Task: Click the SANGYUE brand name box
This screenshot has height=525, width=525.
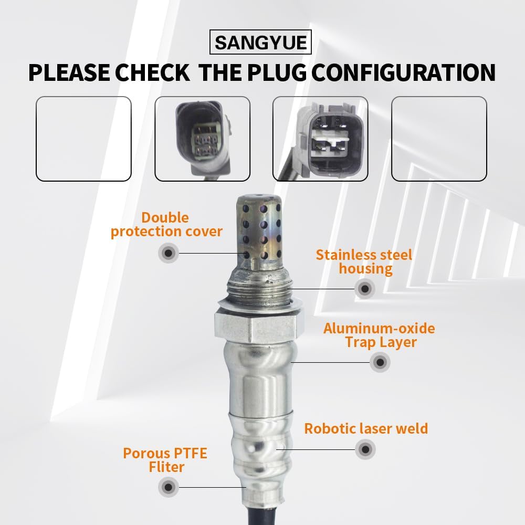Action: (260, 43)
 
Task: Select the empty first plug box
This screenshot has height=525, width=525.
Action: (83, 139)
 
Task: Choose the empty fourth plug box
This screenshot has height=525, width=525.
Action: (439, 139)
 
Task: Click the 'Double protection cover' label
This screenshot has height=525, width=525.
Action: (166, 225)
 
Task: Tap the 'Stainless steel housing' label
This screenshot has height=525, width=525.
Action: (364, 262)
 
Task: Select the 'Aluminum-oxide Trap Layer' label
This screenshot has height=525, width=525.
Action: (379, 335)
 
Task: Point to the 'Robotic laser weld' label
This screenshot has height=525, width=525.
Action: (366, 428)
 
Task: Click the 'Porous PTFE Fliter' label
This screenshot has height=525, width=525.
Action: (165, 460)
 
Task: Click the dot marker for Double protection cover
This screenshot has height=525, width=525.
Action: (168, 253)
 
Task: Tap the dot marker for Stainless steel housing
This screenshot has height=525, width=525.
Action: (364, 288)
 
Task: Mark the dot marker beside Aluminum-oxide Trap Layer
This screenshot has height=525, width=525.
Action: (380, 362)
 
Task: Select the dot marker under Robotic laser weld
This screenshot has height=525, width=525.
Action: (365, 449)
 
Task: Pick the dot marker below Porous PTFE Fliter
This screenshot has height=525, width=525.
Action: (168, 487)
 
